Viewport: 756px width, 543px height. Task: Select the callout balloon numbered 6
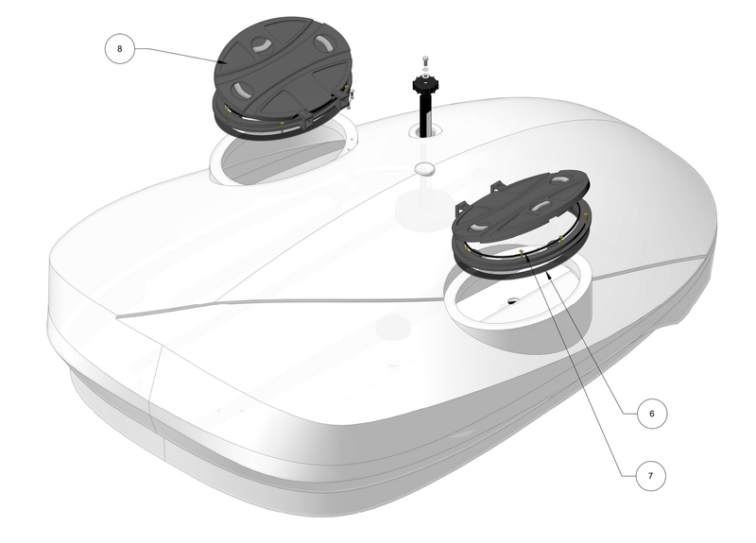tap(650, 414)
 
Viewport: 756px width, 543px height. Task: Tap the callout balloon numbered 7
tap(650, 477)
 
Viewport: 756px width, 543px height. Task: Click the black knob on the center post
tap(425, 85)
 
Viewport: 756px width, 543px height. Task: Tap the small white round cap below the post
tap(425, 168)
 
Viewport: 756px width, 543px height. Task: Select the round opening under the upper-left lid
tap(283, 156)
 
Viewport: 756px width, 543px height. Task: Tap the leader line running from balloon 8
tap(180, 54)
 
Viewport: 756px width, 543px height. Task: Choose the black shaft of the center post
tap(425, 113)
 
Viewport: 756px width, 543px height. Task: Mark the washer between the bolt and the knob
tap(425, 69)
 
